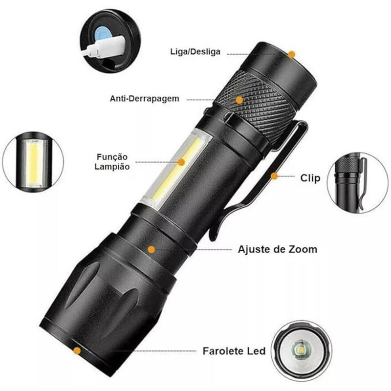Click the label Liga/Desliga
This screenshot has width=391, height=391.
coord(195,52)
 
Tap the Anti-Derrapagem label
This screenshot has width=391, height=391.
coord(145,99)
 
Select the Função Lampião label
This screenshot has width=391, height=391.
coord(112,162)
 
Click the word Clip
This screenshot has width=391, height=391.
coord(310,178)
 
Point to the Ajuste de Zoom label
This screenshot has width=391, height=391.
coord(278,249)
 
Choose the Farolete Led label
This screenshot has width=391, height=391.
coord(234,351)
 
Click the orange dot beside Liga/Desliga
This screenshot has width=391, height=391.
coord(291,54)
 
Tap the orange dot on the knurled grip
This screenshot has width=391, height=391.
coord(239,100)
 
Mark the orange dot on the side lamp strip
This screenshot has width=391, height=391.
coord(181,162)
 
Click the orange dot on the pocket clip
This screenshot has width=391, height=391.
coord(274,176)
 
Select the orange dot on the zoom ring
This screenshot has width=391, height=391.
coord(151,249)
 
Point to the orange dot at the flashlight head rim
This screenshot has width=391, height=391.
coord(77,351)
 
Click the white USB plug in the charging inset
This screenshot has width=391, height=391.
coord(105,47)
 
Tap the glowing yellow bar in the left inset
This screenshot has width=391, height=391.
coord(33,163)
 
